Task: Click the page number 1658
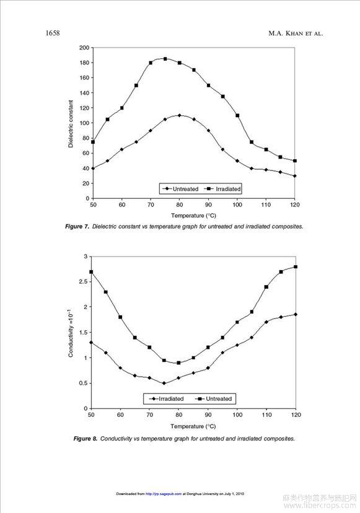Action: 53,33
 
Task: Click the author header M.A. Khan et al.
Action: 296,33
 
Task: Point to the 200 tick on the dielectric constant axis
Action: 84,48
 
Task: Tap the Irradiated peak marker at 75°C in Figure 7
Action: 165,59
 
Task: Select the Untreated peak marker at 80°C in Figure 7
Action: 179,115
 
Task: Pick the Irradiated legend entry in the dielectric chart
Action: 222,189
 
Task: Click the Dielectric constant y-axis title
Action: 71,124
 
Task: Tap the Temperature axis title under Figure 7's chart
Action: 193,215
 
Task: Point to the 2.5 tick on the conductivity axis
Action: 83,282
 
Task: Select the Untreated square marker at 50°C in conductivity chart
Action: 91,272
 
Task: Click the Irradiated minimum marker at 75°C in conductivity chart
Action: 164,383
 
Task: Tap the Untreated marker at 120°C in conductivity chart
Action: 296,266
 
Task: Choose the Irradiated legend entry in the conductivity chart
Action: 166,399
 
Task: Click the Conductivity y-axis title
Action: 70,333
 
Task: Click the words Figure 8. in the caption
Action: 86,439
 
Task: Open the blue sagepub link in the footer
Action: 164,494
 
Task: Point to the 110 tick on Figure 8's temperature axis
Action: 266,415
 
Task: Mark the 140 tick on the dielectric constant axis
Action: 84,93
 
